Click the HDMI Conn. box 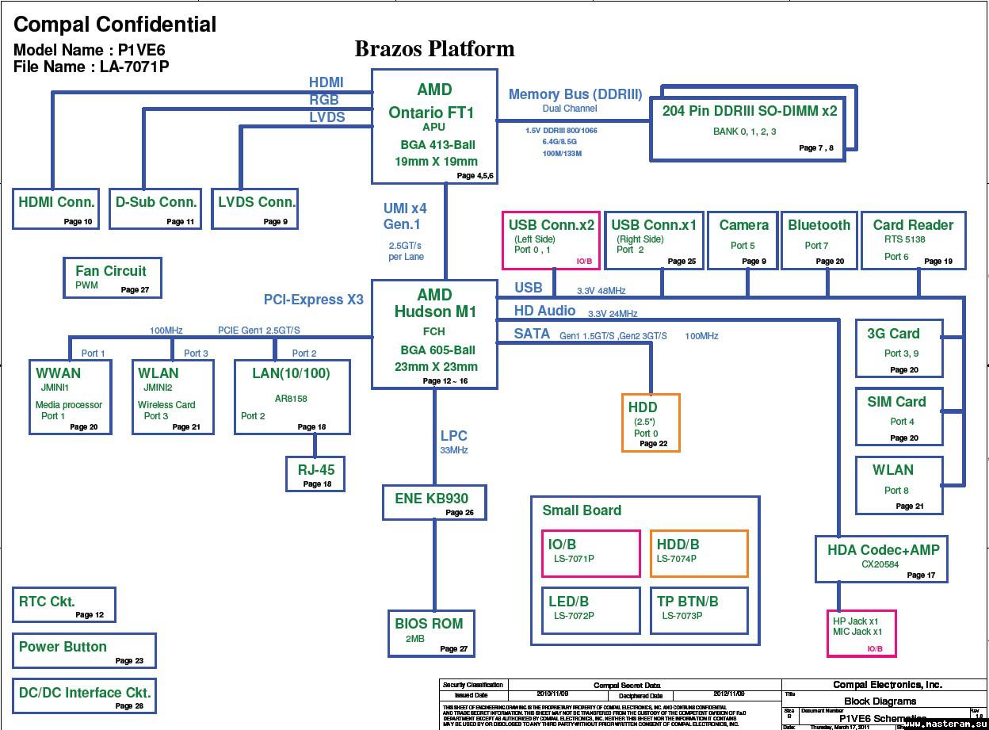click(x=56, y=208)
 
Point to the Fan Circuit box click(x=112, y=277)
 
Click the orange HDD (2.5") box click(x=651, y=423)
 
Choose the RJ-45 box click(x=315, y=474)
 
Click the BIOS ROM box click(x=430, y=633)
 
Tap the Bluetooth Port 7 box click(x=819, y=240)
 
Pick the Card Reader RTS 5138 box click(x=913, y=240)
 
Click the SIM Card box click(x=898, y=416)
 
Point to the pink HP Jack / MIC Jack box click(x=861, y=633)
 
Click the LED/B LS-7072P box click(x=591, y=610)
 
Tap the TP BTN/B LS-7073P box click(x=699, y=610)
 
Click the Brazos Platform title click(x=434, y=49)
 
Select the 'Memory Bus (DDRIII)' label click(x=575, y=94)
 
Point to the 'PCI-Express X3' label click(x=314, y=300)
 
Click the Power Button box click(x=84, y=651)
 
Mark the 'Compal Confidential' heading click(x=115, y=25)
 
